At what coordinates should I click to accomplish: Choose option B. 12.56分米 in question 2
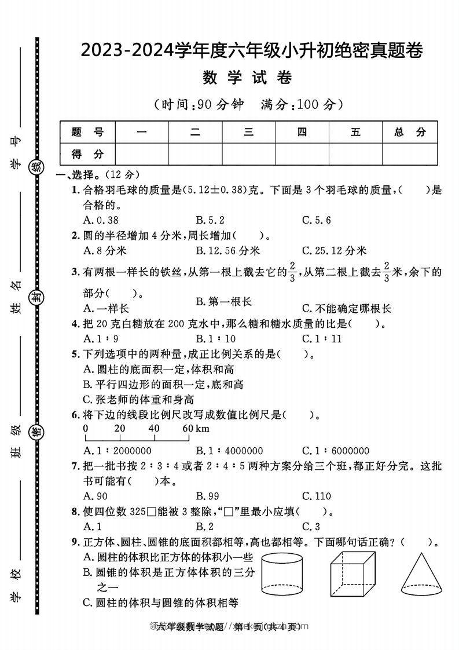pyautogui.click(x=227, y=251)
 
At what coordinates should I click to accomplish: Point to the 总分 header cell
pyautogui.click(x=409, y=132)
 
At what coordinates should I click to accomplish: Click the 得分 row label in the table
pyautogui.click(x=87, y=154)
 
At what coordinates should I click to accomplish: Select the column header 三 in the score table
pyautogui.click(x=248, y=132)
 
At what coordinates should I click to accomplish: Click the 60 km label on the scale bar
pyautogui.click(x=195, y=429)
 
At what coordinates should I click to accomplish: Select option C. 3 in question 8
pyautogui.click(x=310, y=527)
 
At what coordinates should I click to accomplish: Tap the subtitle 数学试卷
pyautogui.click(x=248, y=78)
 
